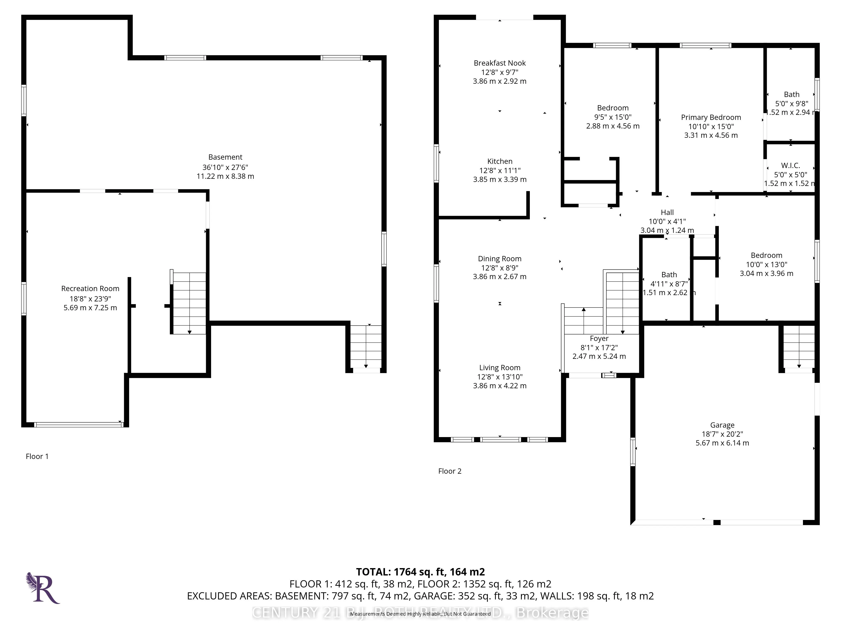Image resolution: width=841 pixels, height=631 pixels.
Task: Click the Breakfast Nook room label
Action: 500,63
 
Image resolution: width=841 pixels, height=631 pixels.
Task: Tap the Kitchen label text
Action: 500,161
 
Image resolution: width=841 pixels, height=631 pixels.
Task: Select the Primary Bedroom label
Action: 711,118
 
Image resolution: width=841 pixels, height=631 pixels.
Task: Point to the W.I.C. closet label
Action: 790,166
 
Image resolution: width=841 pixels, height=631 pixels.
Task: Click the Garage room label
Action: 722,425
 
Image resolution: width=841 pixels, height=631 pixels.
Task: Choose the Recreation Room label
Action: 90,289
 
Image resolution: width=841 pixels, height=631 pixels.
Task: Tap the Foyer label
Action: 599,338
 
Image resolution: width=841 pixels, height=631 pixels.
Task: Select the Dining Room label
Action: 500,259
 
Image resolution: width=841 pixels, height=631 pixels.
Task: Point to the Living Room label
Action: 500,368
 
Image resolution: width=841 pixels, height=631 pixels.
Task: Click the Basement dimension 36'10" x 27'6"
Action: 225,167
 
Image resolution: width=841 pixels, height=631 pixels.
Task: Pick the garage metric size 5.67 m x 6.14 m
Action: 722,443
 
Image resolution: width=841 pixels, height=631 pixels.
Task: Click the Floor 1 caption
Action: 37,456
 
